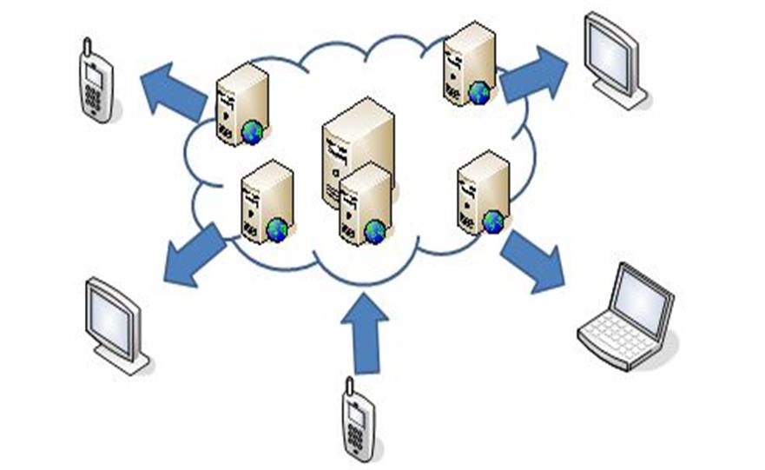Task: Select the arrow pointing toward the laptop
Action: pyautogui.click(x=532, y=260)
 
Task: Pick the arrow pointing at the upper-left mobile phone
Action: pyautogui.click(x=173, y=91)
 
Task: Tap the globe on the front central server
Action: pyautogui.click(x=375, y=231)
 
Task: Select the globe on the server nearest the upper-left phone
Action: pyautogui.click(x=253, y=132)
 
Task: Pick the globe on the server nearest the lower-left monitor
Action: pyautogui.click(x=277, y=229)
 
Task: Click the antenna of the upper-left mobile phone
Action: pyautogui.click(x=86, y=45)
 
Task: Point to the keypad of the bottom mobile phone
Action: pyautogui.click(x=356, y=434)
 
